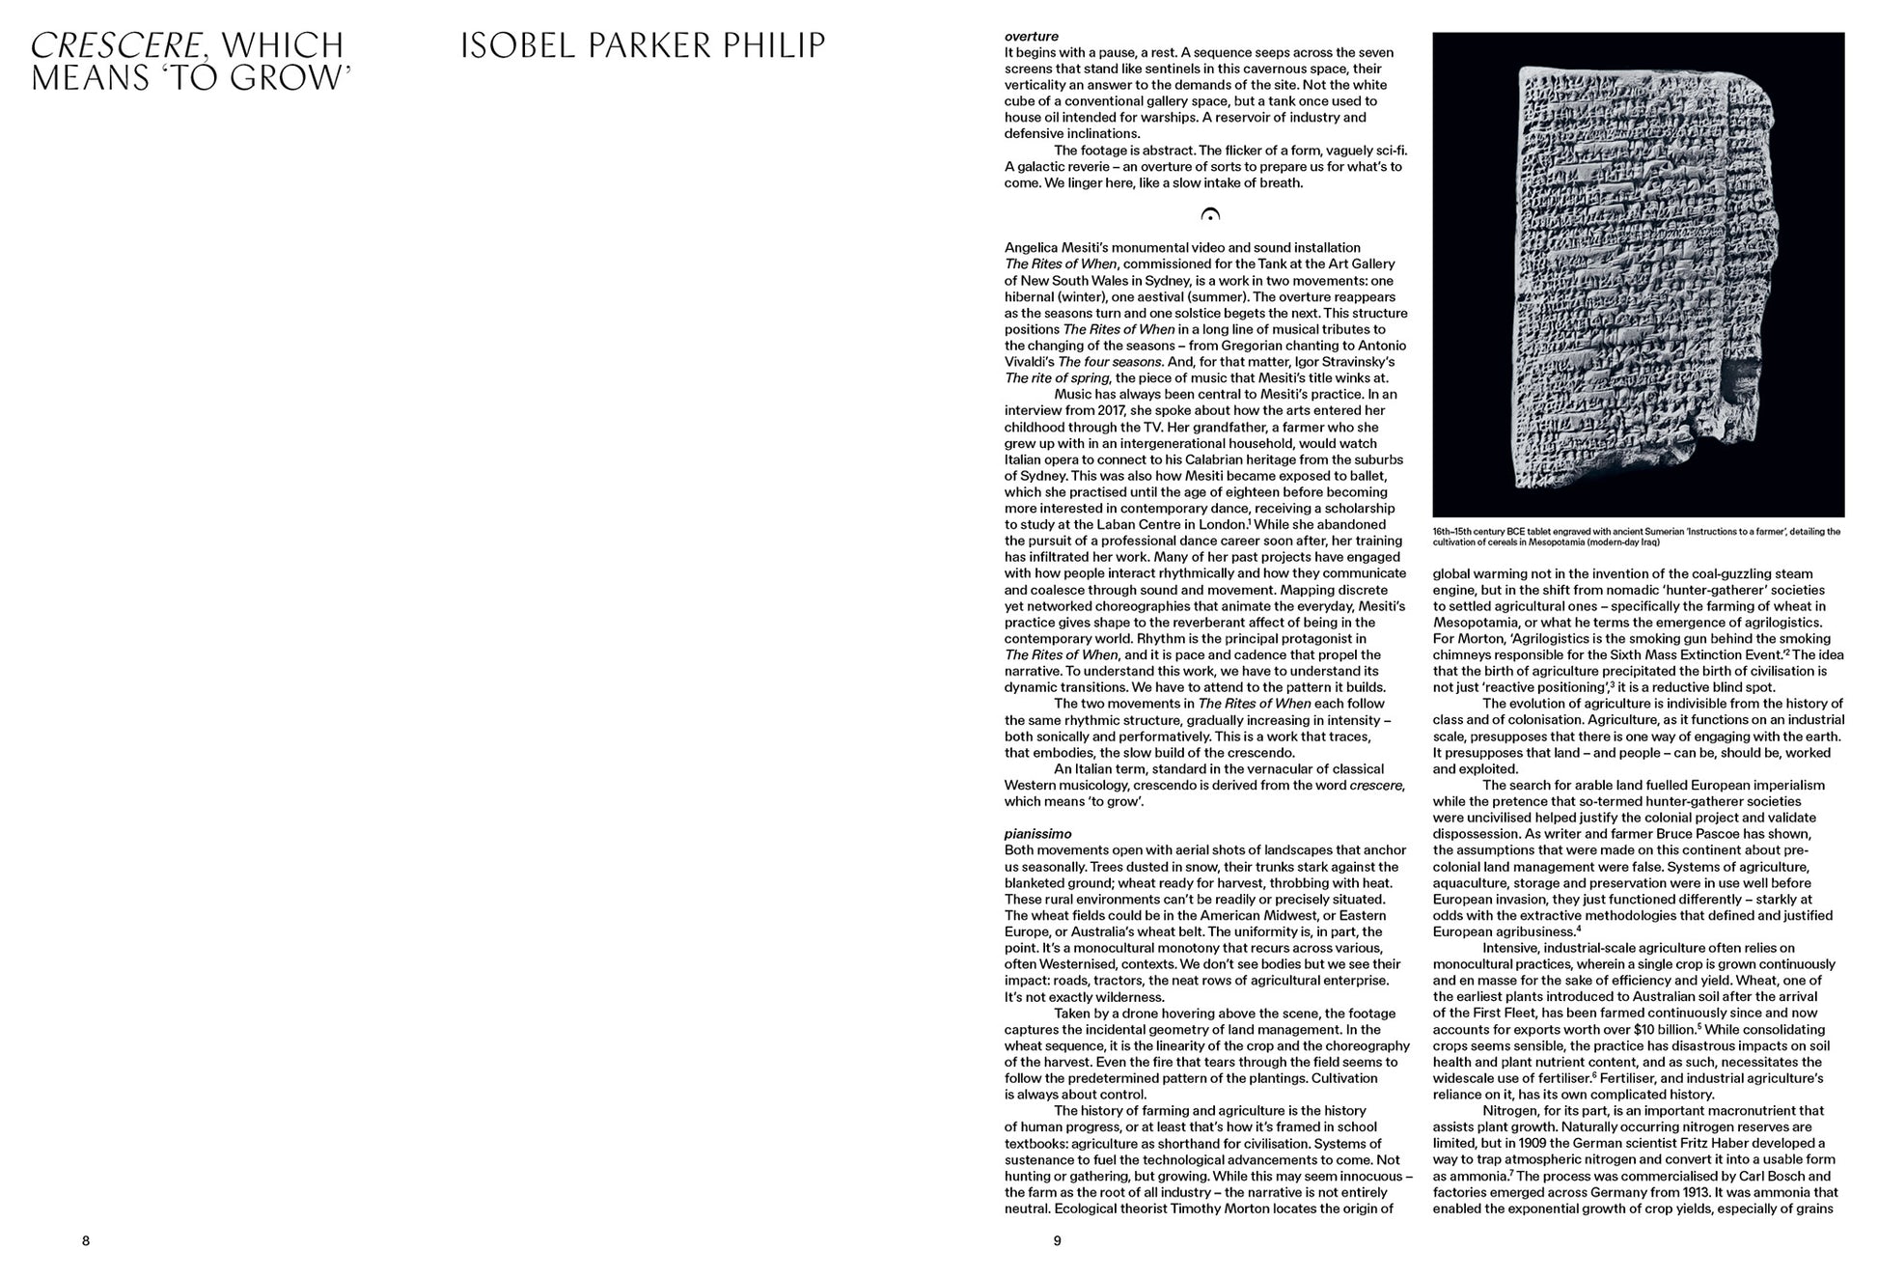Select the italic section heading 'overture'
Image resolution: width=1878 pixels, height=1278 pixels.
(1032, 37)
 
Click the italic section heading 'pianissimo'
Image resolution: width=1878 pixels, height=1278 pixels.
(1037, 833)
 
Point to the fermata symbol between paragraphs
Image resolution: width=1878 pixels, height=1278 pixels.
(1209, 215)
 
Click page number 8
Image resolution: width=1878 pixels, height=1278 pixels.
(86, 1240)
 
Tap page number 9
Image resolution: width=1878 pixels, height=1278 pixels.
(1057, 1240)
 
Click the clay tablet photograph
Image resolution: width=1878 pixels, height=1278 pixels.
(1638, 275)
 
